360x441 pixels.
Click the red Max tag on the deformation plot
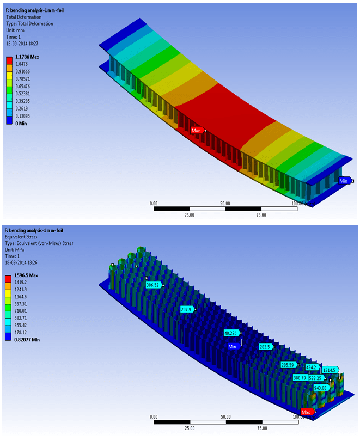tap(197, 131)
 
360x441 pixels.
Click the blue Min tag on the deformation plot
tap(344, 181)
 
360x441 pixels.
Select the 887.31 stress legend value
tap(25, 303)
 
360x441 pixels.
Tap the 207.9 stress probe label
tap(186, 309)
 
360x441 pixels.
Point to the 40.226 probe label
tap(231, 333)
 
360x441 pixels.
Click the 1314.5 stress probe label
tap(329, 370)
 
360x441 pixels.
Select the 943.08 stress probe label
tap(321, 388)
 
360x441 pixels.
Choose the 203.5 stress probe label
tap(265, 346)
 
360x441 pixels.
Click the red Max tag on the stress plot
tap(306, 412)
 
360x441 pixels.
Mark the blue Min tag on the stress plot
tap(233, 346)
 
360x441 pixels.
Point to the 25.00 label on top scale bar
tap(190, 215)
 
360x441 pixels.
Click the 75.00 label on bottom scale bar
tap(261, 428)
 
